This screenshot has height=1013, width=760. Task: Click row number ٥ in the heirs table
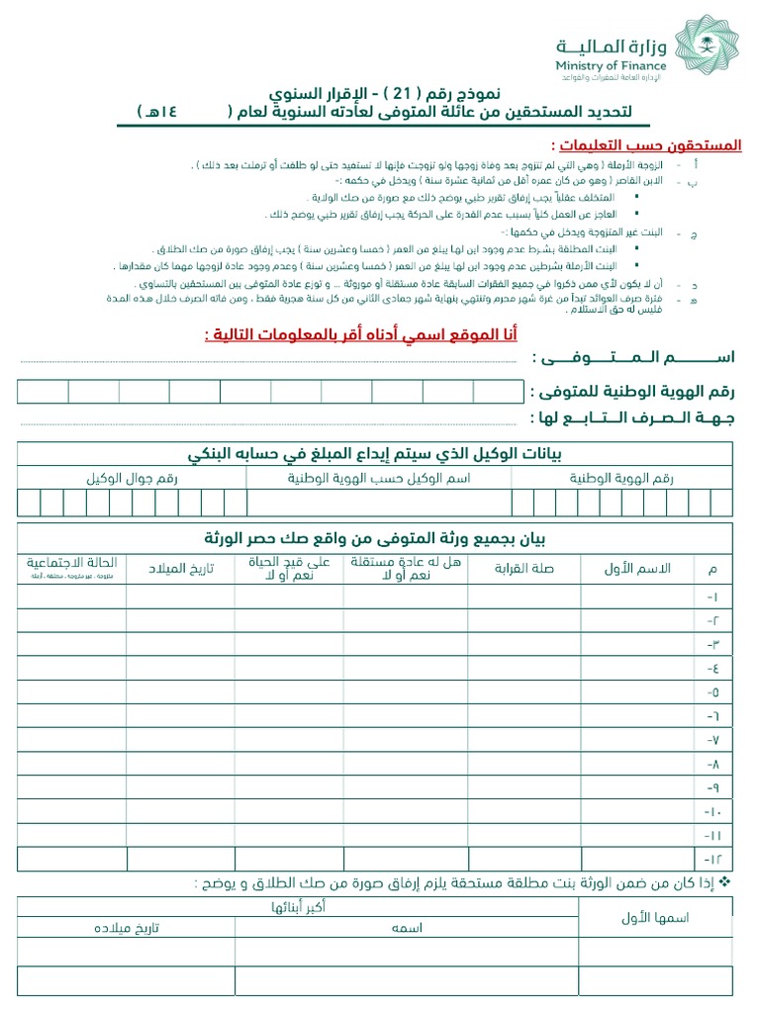tap(713, 691)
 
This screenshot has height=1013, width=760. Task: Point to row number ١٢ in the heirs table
tap(713, 858)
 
